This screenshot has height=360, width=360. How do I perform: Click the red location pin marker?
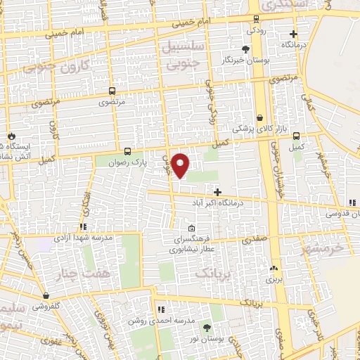[x=181, y=165]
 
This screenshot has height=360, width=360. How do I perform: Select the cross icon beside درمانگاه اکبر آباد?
[x=217, y=192]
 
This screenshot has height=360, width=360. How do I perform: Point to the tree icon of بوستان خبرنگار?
[x=245, y=49]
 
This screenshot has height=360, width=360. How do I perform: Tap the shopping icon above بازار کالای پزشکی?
[x=260, y=118]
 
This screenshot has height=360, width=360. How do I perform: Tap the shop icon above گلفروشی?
[x=46, y=296]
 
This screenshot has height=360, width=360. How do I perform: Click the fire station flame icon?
[x=11, y=136]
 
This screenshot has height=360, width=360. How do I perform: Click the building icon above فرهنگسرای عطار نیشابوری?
[x=192, y=228]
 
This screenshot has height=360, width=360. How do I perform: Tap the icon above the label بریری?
[x=273, y=268]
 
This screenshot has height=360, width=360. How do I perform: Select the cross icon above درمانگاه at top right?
[x=293, y=33]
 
